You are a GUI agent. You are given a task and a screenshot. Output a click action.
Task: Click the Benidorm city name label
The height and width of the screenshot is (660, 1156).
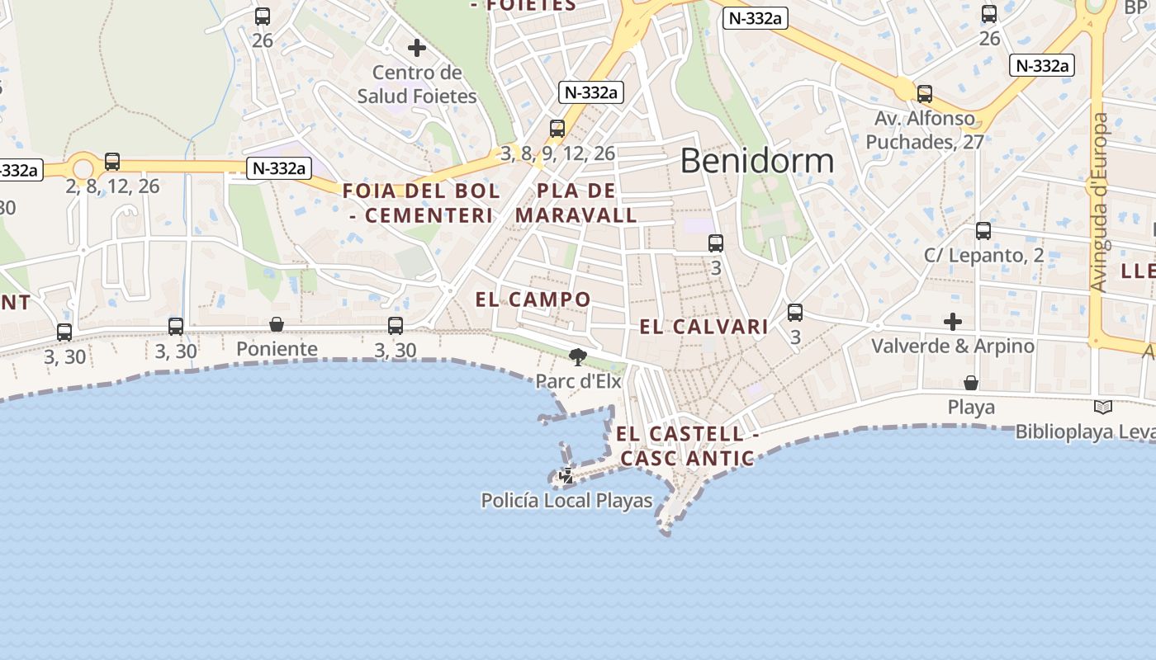756,160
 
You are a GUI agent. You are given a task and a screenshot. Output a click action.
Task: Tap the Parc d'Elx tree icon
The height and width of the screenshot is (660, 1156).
578,357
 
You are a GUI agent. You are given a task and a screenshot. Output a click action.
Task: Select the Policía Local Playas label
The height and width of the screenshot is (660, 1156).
566,501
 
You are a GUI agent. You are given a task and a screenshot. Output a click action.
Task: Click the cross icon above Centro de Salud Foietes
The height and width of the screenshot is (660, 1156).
417,48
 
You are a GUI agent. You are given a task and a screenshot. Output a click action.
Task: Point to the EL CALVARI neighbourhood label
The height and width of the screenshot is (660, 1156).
704,327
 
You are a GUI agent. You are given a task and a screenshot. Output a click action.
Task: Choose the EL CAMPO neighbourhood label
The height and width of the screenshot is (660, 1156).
533,299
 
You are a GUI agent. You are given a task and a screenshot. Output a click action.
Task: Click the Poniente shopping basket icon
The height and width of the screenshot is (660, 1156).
277,324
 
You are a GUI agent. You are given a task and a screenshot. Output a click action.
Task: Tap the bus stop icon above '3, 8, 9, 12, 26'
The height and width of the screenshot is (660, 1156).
557,129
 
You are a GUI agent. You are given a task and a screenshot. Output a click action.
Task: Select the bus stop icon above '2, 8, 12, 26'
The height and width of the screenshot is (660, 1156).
112,162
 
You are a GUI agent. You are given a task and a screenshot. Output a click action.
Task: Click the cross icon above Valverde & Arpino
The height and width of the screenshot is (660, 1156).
953,321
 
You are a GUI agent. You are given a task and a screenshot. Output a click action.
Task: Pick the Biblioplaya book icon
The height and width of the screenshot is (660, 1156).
1102,407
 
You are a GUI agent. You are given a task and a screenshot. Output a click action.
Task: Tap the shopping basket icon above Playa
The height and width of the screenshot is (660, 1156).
971,383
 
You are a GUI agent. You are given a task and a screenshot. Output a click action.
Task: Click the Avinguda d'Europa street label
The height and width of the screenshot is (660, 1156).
1099,202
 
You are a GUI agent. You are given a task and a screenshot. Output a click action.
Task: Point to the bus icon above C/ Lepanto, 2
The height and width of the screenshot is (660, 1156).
983,231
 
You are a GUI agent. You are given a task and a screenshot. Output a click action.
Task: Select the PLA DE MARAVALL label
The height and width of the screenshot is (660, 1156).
576,203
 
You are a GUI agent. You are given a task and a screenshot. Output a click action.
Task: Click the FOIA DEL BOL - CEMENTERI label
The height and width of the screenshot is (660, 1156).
421,203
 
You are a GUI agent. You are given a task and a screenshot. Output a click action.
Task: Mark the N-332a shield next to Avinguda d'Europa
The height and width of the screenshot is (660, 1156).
1042,66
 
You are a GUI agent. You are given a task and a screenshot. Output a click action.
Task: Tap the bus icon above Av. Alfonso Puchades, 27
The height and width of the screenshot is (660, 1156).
925,94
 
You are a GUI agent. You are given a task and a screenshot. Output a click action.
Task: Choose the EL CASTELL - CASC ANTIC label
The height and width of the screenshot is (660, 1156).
687,445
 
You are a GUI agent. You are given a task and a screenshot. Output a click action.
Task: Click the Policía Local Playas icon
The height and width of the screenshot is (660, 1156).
567,475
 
